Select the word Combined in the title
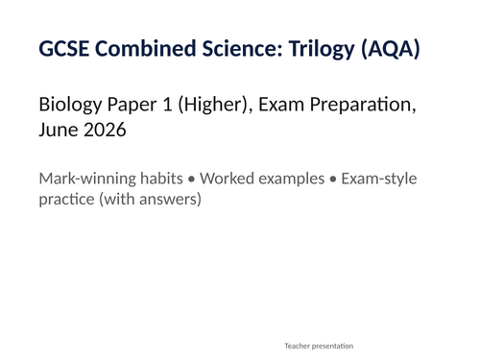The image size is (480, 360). pyautogui.click(x=136, y=49)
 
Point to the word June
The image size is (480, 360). pyautogui.click(x=59, y=129)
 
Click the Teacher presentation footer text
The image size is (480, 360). pyautogui.click(x=319, y=345)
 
